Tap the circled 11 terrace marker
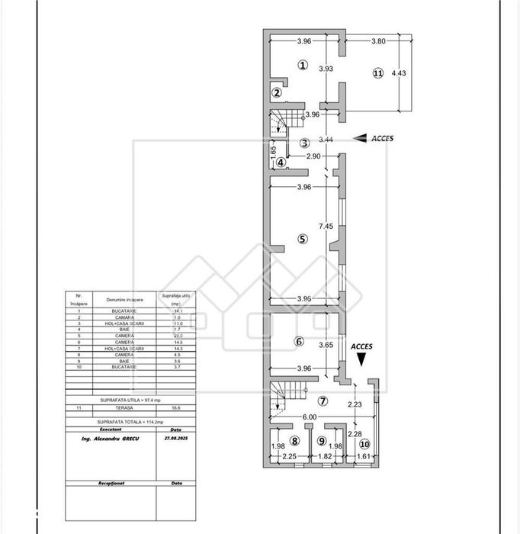[377, 73]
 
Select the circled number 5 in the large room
[302, 239]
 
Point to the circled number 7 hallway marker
[323, 401]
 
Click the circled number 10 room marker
[364, 443]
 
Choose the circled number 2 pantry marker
[277, 94]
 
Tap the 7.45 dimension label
[326, 226]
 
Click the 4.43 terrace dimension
[399, 73]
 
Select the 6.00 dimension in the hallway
[308, 417]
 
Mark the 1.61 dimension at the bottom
[362, 457]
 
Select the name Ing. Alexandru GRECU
[109, 439]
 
